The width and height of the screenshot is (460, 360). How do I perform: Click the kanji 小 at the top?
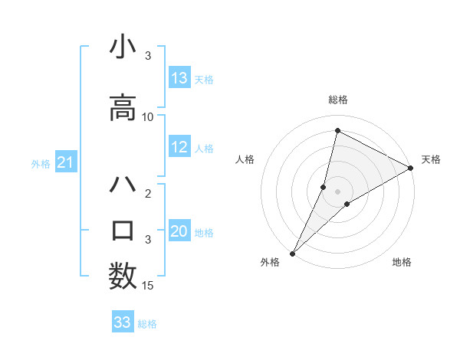point(123,48)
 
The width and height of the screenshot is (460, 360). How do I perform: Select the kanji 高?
point(123,106)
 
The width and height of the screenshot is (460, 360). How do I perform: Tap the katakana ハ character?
point(123,187)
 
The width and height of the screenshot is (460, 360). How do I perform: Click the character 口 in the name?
point(123,231)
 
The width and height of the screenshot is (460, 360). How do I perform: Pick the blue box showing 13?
point(179,78)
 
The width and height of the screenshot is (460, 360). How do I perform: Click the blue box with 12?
point(179,148)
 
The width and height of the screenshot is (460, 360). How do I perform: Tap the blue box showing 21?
point(65,162)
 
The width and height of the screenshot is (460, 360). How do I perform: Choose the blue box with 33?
point(123,322)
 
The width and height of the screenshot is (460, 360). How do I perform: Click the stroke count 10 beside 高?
point(148,117)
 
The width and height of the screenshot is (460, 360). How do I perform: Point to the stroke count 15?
point(148,286)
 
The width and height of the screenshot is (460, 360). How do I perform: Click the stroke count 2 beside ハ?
point(149,194)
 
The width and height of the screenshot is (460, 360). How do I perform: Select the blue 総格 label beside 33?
point(147,324)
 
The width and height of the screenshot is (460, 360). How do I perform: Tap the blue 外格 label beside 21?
point(41,164)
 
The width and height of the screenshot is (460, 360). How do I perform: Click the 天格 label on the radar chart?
point(431,159)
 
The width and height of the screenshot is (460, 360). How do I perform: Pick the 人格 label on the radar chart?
point(245,159)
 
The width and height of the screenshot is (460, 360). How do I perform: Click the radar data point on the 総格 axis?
point(337,131)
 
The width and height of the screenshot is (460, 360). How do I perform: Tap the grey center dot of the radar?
point(337,191)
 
